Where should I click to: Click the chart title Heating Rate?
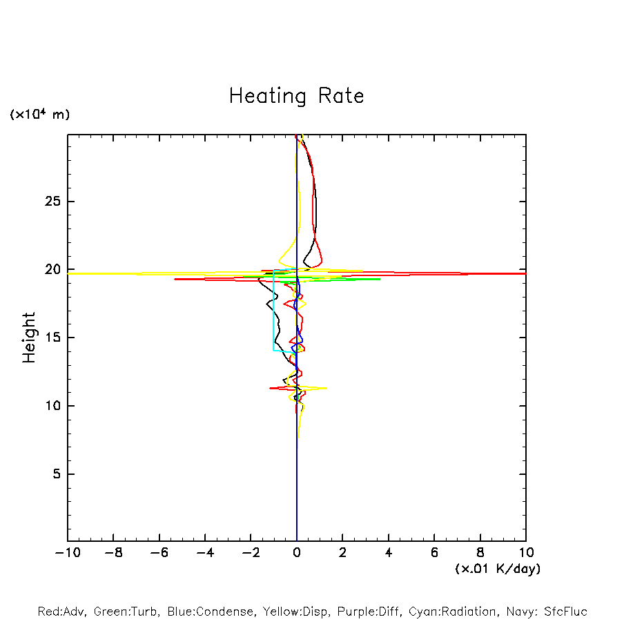pos(296,96)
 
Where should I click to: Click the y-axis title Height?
pos(29,338)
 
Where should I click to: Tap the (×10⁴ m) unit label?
pos(39,115)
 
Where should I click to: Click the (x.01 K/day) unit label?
pos(497,569)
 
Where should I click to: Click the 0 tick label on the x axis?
pos(297,553)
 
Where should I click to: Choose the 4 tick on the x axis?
pos(389,553)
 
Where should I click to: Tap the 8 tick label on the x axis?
pos(480,553)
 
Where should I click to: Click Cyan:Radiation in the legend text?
pos(453,612)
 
